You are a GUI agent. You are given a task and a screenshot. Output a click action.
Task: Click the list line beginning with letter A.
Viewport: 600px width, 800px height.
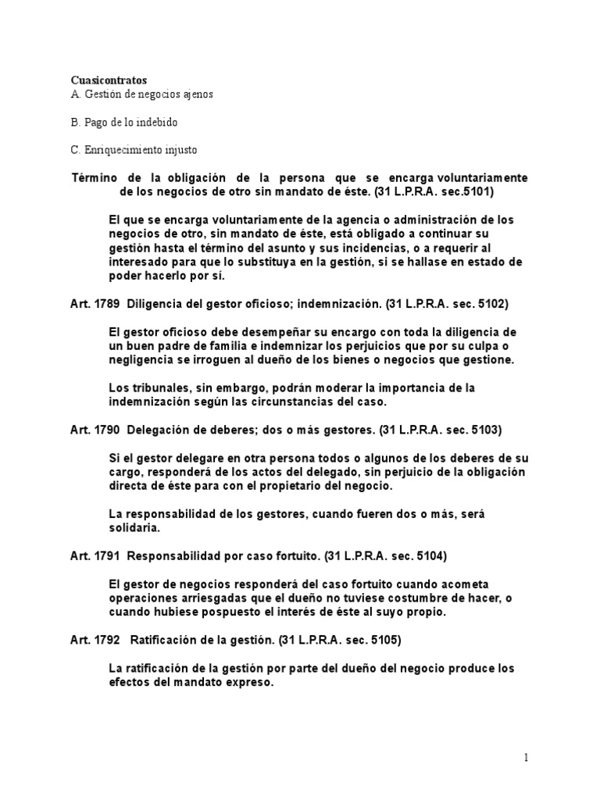(x=141, y=95)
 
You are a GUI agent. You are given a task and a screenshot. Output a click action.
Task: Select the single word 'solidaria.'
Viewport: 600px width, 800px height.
(x=134, y=528)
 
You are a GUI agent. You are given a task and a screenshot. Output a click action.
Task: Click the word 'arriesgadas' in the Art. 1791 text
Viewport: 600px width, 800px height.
(x=205, y=598)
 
